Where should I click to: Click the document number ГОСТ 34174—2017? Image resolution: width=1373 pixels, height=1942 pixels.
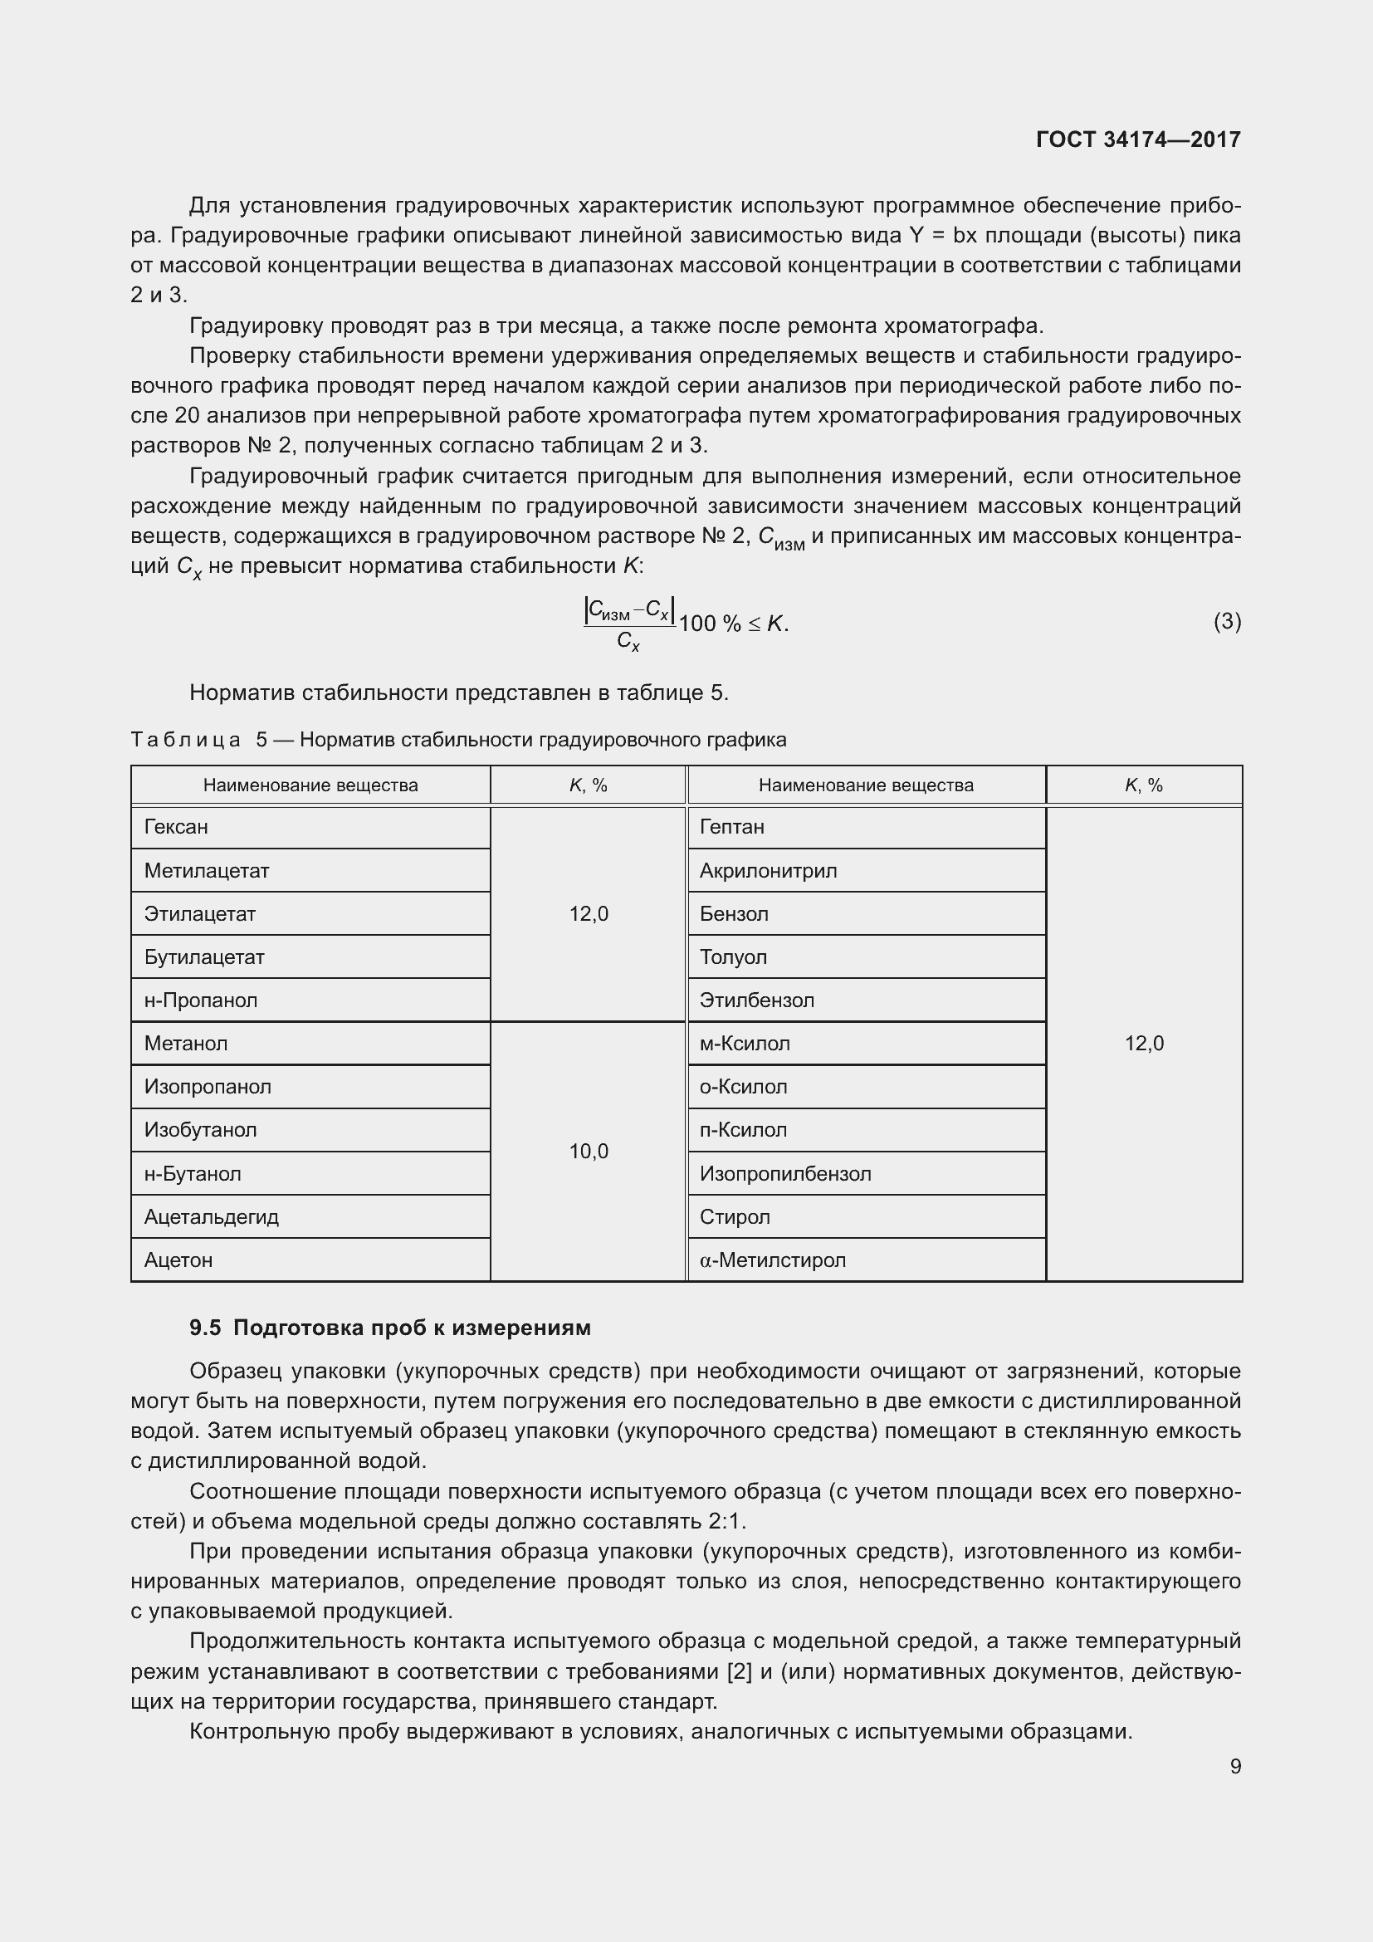point(1138,139)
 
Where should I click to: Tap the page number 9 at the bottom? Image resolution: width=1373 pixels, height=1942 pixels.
point(1235,1766)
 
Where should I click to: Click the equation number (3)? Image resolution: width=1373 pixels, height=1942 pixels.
point(1227,622)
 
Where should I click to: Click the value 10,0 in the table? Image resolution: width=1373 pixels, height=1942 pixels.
point(589,1151)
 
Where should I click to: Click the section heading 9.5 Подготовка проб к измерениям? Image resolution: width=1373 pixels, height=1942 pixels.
point(390,1328)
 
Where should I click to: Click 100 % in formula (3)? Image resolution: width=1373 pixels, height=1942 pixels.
point(711,624)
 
